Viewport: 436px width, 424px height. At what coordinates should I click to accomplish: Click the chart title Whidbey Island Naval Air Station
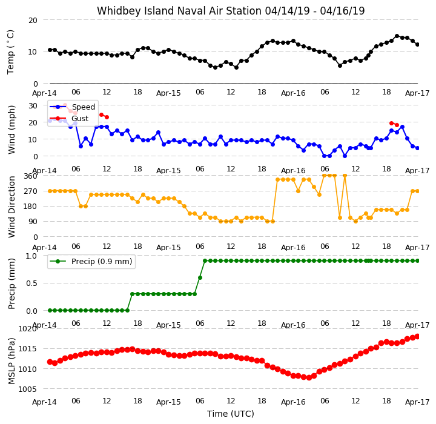point(179,11)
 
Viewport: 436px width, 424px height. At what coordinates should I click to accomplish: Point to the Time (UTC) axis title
point(231,414)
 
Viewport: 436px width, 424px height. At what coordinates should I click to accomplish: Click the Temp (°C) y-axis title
point(10,52)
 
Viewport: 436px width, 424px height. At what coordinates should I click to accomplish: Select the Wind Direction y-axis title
point(12,207)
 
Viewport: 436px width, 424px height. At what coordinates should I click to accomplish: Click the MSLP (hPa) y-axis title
point(12,361)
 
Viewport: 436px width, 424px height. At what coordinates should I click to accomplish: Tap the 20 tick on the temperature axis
point(33,21)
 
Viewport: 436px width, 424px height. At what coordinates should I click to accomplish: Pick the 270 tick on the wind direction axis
point(31,191)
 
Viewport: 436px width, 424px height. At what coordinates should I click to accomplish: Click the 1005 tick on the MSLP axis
point(27,389)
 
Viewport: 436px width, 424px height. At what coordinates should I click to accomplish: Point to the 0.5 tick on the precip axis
point(31,283)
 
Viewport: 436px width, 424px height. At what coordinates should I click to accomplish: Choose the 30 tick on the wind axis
point(33,106)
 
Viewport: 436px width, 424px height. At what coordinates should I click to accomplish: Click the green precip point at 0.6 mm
point(200,277)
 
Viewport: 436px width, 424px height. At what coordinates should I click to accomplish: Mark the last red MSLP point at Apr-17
point(417,337)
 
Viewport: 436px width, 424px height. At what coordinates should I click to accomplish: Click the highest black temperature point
point(397,36)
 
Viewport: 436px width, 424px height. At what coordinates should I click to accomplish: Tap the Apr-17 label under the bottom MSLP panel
point(417,402)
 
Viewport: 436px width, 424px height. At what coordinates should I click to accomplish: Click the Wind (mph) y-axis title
point(12,130)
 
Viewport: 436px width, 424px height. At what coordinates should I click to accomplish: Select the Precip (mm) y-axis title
point(12,284)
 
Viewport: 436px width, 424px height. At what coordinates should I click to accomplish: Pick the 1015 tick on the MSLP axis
point(27,349)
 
